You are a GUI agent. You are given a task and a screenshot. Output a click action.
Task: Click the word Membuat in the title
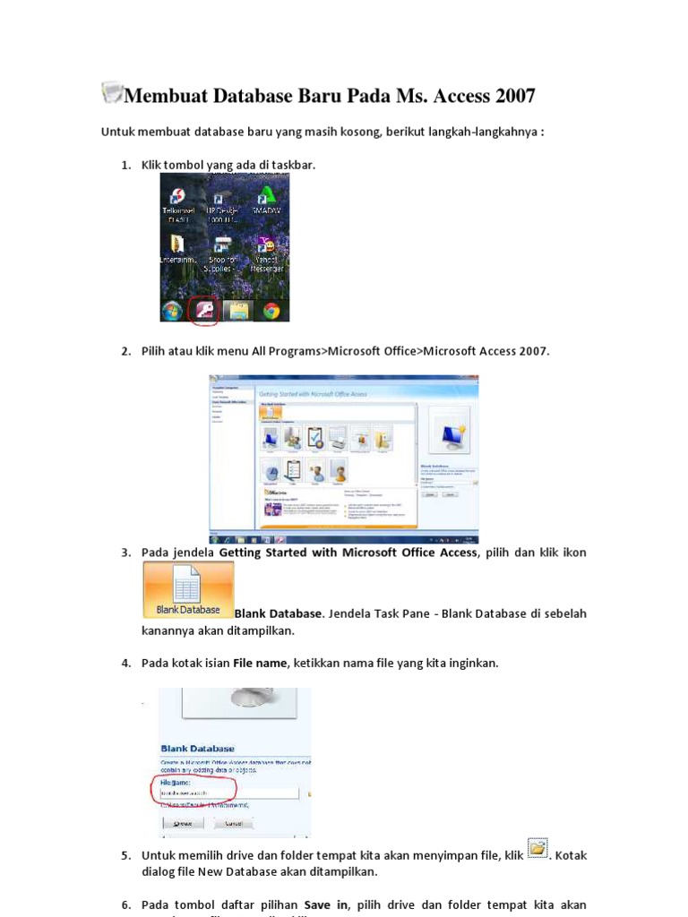click(x=165, y=95)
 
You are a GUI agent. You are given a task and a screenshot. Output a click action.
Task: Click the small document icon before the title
click(x=112, y=91)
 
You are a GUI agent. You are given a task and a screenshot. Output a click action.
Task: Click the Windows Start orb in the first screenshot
click(x=171, y=311)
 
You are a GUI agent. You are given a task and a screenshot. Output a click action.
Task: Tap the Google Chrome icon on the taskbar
click(x=271, y=311)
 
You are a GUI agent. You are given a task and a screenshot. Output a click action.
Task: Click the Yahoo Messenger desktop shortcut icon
click(x=266, y=245)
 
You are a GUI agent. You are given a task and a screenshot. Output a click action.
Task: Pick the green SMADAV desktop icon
click(x=266, y=194)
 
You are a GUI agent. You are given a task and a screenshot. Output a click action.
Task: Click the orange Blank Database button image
click(x=188, y=590)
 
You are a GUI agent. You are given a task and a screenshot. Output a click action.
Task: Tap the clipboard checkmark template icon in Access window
click(x=315, y=437)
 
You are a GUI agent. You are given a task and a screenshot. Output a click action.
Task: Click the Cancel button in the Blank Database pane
click(x=236, y=822)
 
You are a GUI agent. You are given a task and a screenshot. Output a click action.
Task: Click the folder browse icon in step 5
click(x=537, y=848)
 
